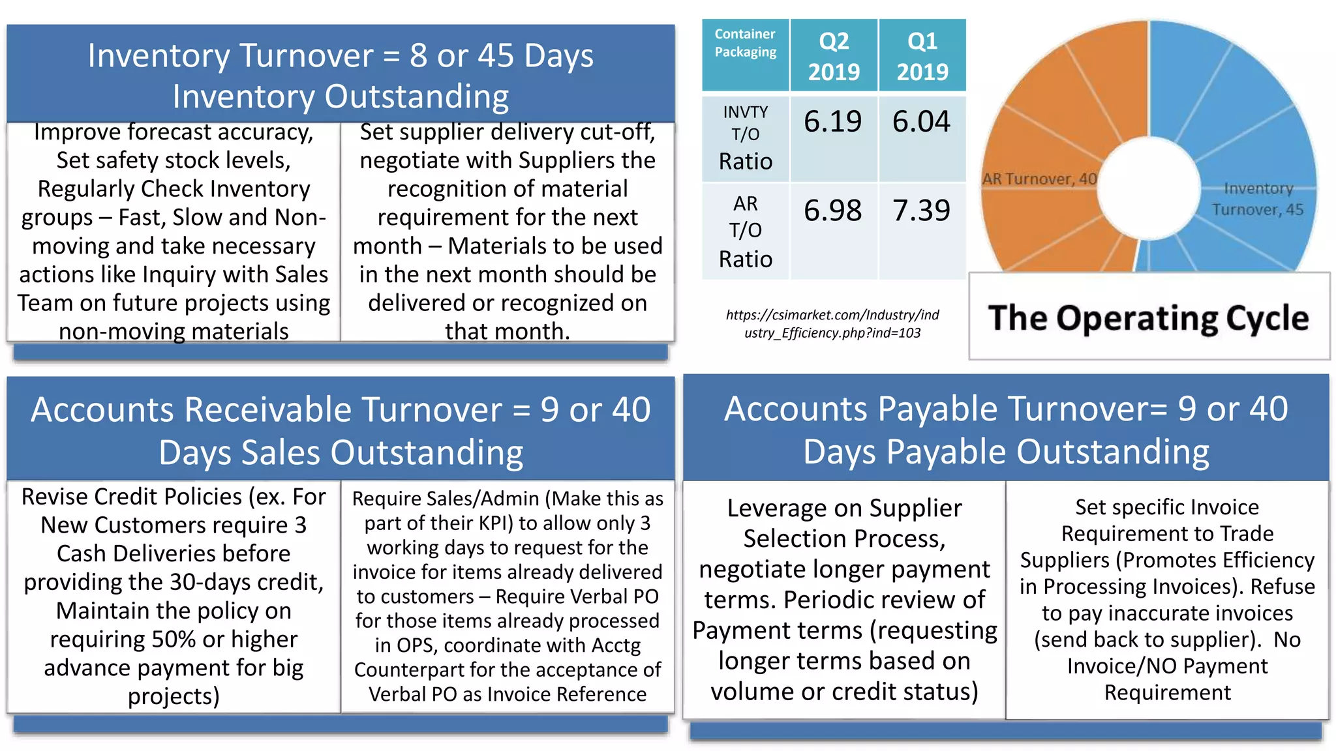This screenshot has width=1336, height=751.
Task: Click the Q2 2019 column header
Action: coord(834,56)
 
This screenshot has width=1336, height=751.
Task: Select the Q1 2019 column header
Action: coord(922,56)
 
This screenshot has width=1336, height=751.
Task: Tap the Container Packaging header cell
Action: coord(745,43)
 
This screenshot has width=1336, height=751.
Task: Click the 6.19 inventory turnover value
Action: coord(832,122)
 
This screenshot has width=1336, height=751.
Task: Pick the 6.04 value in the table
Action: coord(921,122)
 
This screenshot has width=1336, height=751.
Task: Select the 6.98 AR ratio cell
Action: coord(832,211)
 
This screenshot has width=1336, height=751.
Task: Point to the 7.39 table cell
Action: coord(921,211)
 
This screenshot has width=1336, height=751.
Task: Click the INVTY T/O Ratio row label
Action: coord(745,138)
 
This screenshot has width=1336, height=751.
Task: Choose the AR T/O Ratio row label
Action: coord(745,231)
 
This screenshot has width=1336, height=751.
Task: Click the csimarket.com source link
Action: coord(832,324)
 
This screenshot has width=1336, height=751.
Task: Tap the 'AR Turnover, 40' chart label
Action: coord(1039,179)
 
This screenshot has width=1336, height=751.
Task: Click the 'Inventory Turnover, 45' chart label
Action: coord(1257,199)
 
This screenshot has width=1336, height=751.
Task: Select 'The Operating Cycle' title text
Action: coord(1148,319)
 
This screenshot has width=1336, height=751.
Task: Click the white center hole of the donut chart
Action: coord(1148,188)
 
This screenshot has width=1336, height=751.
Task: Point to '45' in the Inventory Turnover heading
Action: coord(496,56)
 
